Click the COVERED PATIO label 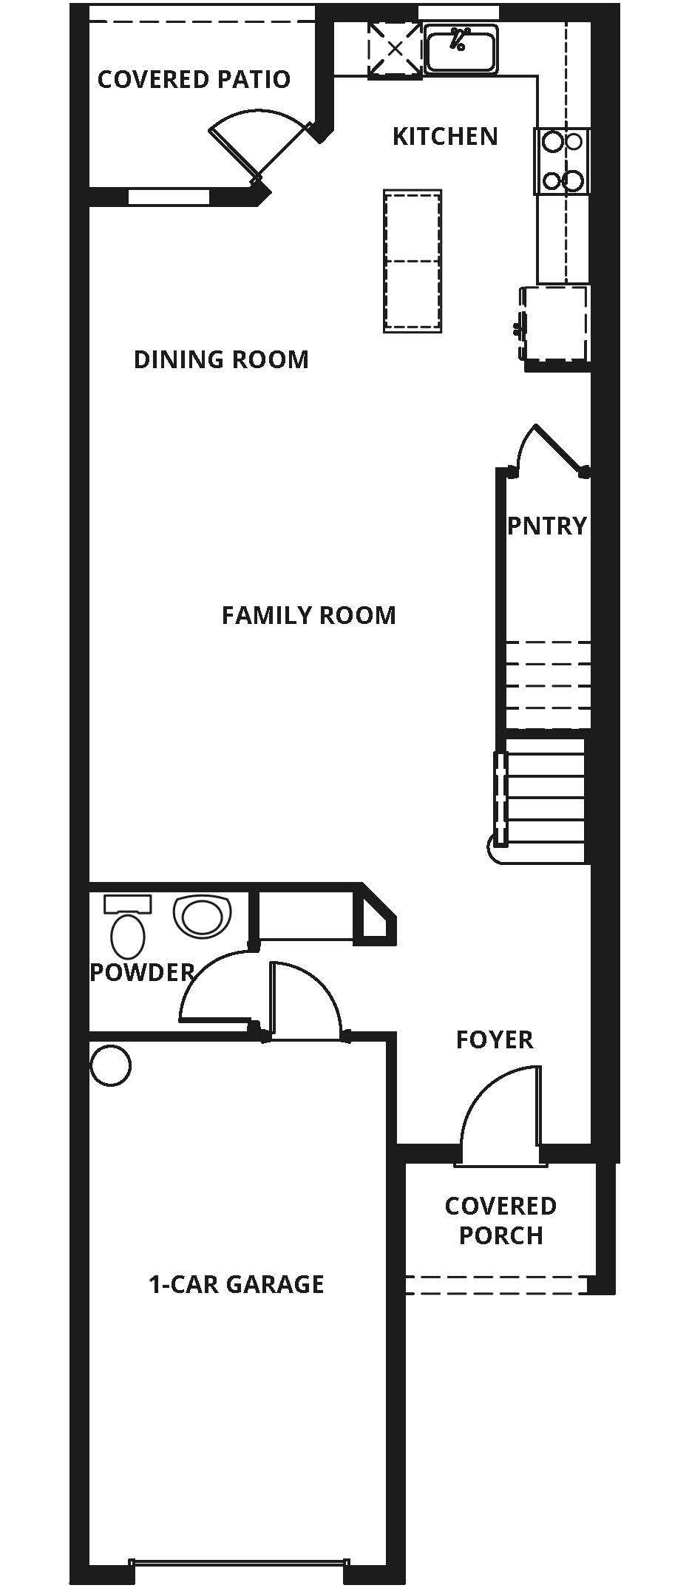coord(194,79)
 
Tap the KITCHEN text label coord(444,136)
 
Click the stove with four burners coord(562,161)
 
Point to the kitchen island coord(413,260)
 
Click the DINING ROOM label coord(221,359)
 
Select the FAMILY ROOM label coord(308,615)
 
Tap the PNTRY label coord(546,526)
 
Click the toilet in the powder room coord(127,928)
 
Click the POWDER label coord(141,972)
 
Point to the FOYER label coord(494,1039)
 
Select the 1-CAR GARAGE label coord(237,1284)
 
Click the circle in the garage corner coord(111,1066)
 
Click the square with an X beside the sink coord(396,49)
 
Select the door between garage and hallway coord(303,998)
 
